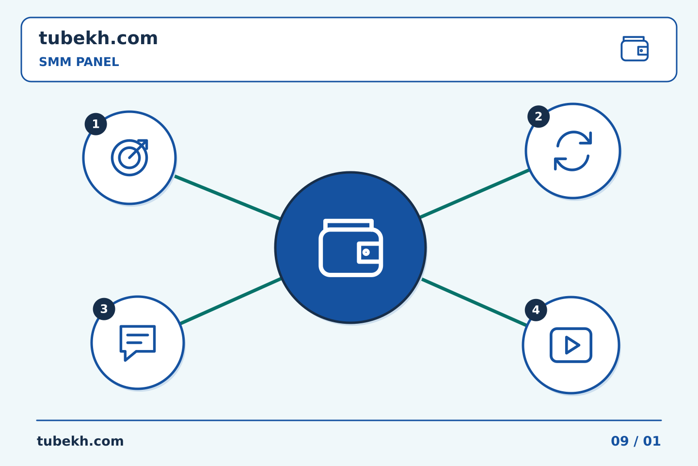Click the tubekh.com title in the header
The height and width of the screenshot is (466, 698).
pos(98,38)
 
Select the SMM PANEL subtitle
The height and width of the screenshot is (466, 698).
pos(79,62)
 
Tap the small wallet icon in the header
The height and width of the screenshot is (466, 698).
pos(635,49)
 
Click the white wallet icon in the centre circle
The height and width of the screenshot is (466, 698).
pos(350,248)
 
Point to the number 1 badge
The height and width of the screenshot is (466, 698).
pos(95,124)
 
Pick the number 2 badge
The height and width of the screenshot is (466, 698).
pos(539,116)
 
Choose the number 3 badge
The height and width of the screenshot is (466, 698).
pos(104,309)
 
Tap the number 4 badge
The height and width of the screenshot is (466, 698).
pos(536,310)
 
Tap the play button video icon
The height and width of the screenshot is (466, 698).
pos(571,345)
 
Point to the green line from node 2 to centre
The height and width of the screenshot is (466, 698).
pos(474,194)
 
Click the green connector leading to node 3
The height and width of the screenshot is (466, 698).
pos(231,301)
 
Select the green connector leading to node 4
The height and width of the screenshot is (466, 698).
pos(474,302)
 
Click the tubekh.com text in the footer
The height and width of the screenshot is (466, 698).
pos(80,441)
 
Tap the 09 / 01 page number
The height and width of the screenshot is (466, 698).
pos(635,441)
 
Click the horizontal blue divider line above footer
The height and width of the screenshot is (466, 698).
pos(349,420)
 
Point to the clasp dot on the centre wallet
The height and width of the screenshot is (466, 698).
pos(366,252)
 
